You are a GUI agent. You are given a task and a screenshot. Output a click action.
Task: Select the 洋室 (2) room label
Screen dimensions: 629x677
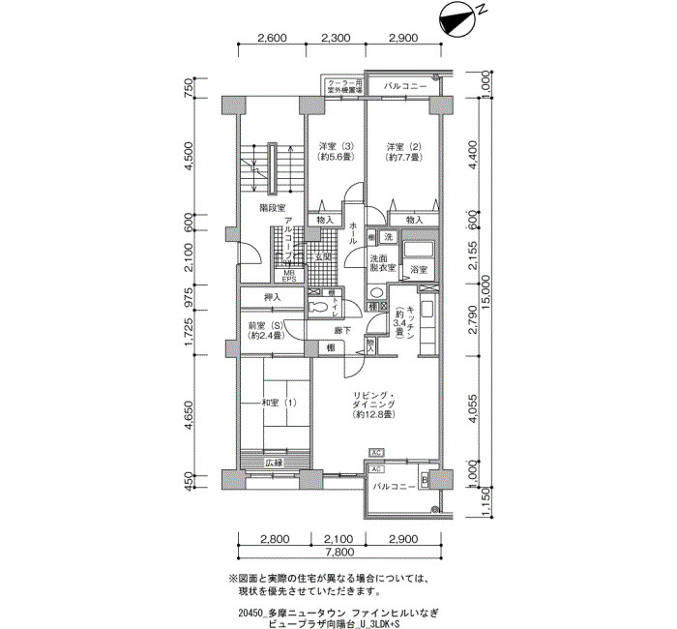[399, 151]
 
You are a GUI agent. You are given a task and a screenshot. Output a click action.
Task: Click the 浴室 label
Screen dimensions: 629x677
[419, 268]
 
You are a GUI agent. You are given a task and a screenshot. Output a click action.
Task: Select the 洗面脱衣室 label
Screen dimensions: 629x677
[382, 263]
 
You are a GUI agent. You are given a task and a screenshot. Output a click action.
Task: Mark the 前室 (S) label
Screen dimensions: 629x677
[264, 330]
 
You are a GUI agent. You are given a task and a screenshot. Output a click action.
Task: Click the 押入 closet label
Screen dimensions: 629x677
[273, 297]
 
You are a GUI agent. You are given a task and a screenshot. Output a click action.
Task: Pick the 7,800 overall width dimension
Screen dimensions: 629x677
[338, 553]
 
